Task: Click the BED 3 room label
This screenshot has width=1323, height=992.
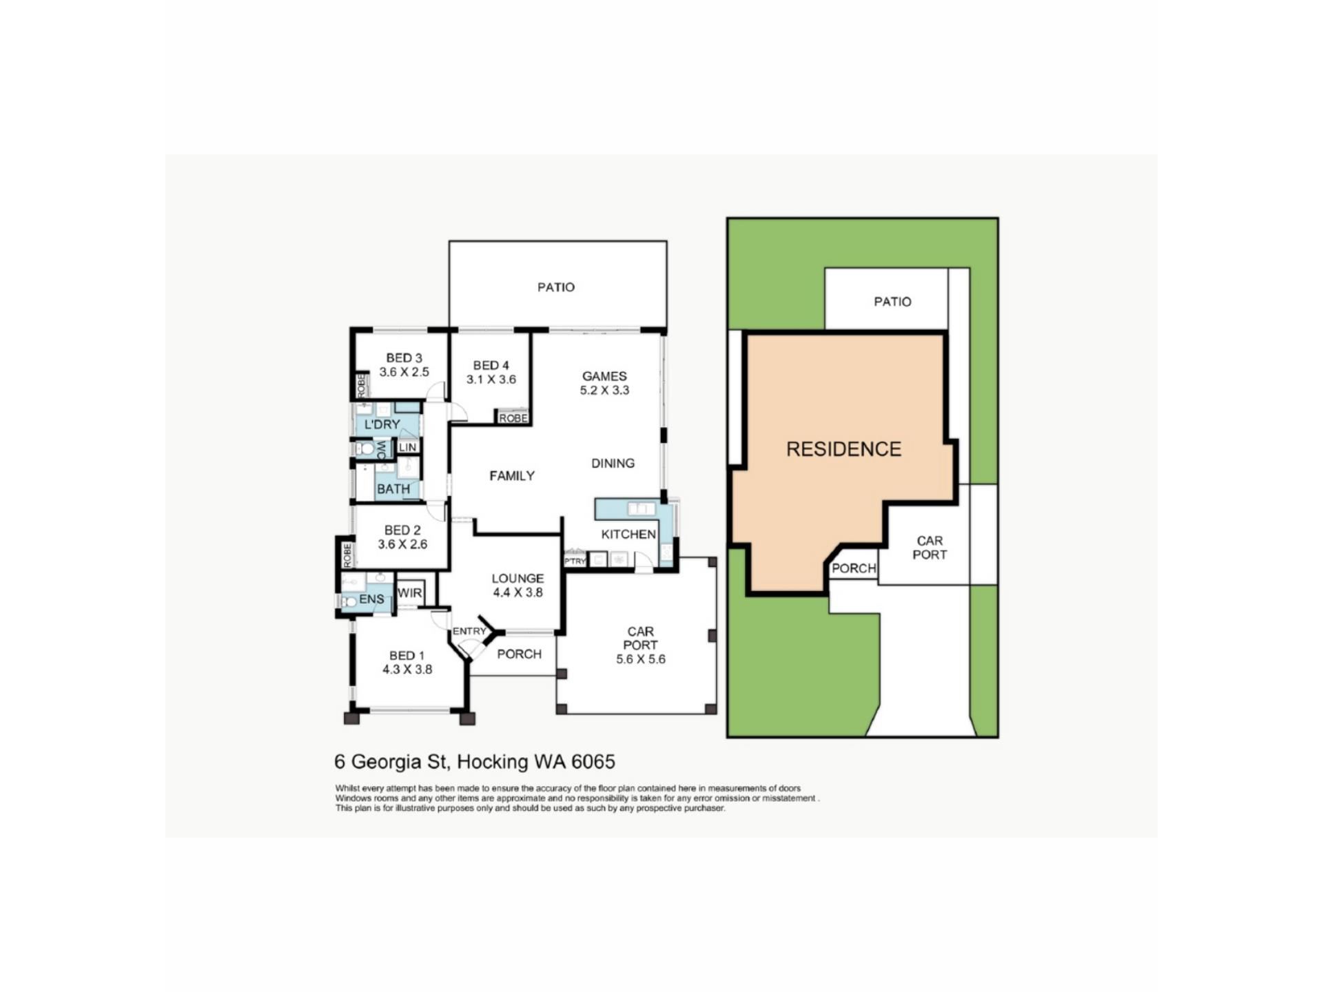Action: (404, 358)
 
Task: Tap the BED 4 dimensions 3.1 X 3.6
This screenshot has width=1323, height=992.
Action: (491, 380)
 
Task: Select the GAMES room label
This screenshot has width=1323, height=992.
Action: (604, 376)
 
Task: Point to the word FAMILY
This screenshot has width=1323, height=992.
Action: (512, 476)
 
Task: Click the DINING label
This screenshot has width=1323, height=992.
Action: (613, 464)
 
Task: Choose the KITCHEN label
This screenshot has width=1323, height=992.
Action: (628, 535)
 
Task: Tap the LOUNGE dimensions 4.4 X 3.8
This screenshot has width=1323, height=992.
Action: (517, 592)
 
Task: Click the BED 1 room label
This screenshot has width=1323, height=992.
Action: (407, 656)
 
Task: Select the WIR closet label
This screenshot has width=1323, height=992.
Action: (409, 593)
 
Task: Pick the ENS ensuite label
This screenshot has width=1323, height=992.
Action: (371, 599)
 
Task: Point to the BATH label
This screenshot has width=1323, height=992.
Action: (393, 489)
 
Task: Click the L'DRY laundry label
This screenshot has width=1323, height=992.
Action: (382, 424)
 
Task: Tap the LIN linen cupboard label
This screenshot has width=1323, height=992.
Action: (407, 448)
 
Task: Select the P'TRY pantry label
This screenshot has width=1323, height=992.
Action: (575, 561)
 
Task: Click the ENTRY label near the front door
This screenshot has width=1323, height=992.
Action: (469, 632)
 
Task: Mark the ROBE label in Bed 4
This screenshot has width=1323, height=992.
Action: (513, 418)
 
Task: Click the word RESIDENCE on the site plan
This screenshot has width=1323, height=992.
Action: (843, 450)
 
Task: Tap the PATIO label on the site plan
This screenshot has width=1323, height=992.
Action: (892, 302)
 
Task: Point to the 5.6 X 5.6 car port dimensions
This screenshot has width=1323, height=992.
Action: (641, 659)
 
